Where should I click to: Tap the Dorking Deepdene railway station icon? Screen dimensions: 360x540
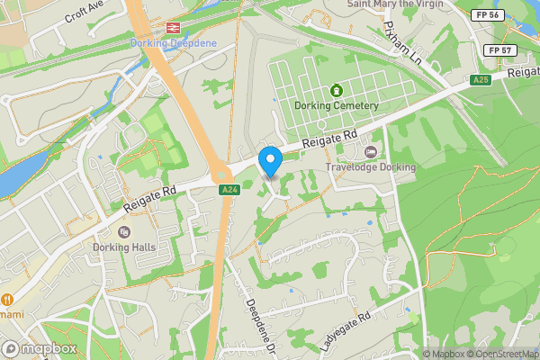173,27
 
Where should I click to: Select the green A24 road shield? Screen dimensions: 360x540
229,189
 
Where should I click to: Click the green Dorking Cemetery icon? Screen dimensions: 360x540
337,91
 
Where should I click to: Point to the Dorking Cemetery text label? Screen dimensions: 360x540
337,106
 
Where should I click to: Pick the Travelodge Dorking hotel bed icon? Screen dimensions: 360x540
370,150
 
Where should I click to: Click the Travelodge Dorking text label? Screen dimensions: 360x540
372,167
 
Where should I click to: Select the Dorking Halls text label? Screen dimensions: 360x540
124,247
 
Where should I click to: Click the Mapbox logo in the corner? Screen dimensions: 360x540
40,348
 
